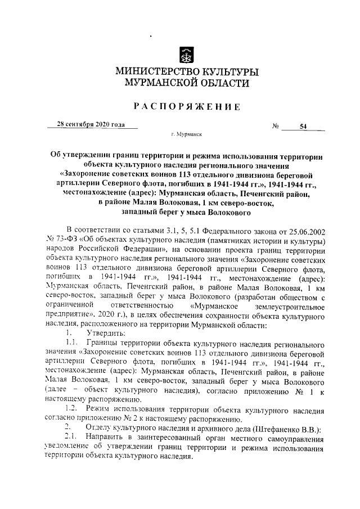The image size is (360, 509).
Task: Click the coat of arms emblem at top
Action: click(187, 55)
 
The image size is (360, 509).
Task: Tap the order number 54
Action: click(303, 127)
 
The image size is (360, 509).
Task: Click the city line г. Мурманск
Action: click(186, 136)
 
